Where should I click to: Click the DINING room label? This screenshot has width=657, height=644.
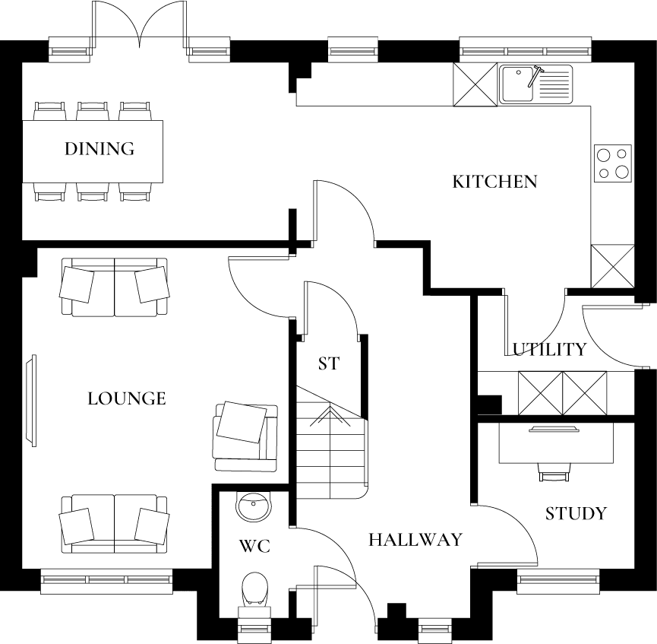click(99, 148)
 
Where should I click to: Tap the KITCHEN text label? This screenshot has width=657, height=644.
click(494, 182)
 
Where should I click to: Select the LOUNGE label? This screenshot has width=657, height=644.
click(126, 398)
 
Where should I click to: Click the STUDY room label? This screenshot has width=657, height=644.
click(576, 513)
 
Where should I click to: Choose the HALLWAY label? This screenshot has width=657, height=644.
click(415, 540)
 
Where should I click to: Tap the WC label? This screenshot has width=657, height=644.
click(254, 546)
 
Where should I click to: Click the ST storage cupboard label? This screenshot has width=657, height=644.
click(328, 363)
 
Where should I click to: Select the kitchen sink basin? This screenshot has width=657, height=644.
click(517, 84)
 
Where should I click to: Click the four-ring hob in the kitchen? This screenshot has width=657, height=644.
click(612, 163)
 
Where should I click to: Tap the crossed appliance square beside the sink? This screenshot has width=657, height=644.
click(475, 84)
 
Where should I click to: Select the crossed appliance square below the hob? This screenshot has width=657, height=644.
click(612, 265)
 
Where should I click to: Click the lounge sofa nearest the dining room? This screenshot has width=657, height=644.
click(115, 287)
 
